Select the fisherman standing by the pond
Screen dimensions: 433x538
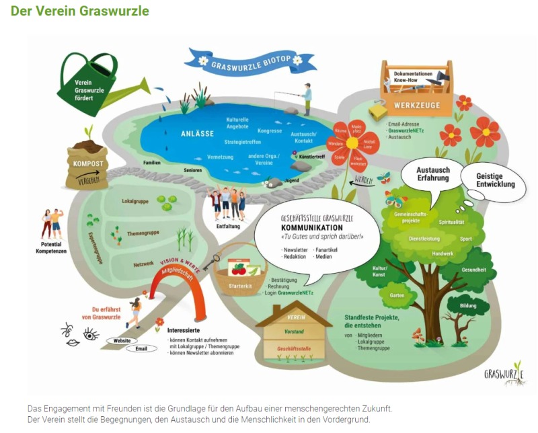tap(307, 98)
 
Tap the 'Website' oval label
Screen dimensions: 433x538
tap(122, 340)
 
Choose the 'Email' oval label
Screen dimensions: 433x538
tap(141, 348)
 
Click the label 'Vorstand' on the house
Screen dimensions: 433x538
tap(294, 331)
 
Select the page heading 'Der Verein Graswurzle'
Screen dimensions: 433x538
tap(80, 11)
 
